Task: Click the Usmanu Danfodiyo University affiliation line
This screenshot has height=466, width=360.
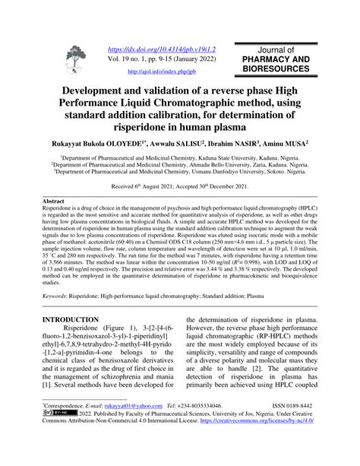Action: (x=179, y=170)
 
